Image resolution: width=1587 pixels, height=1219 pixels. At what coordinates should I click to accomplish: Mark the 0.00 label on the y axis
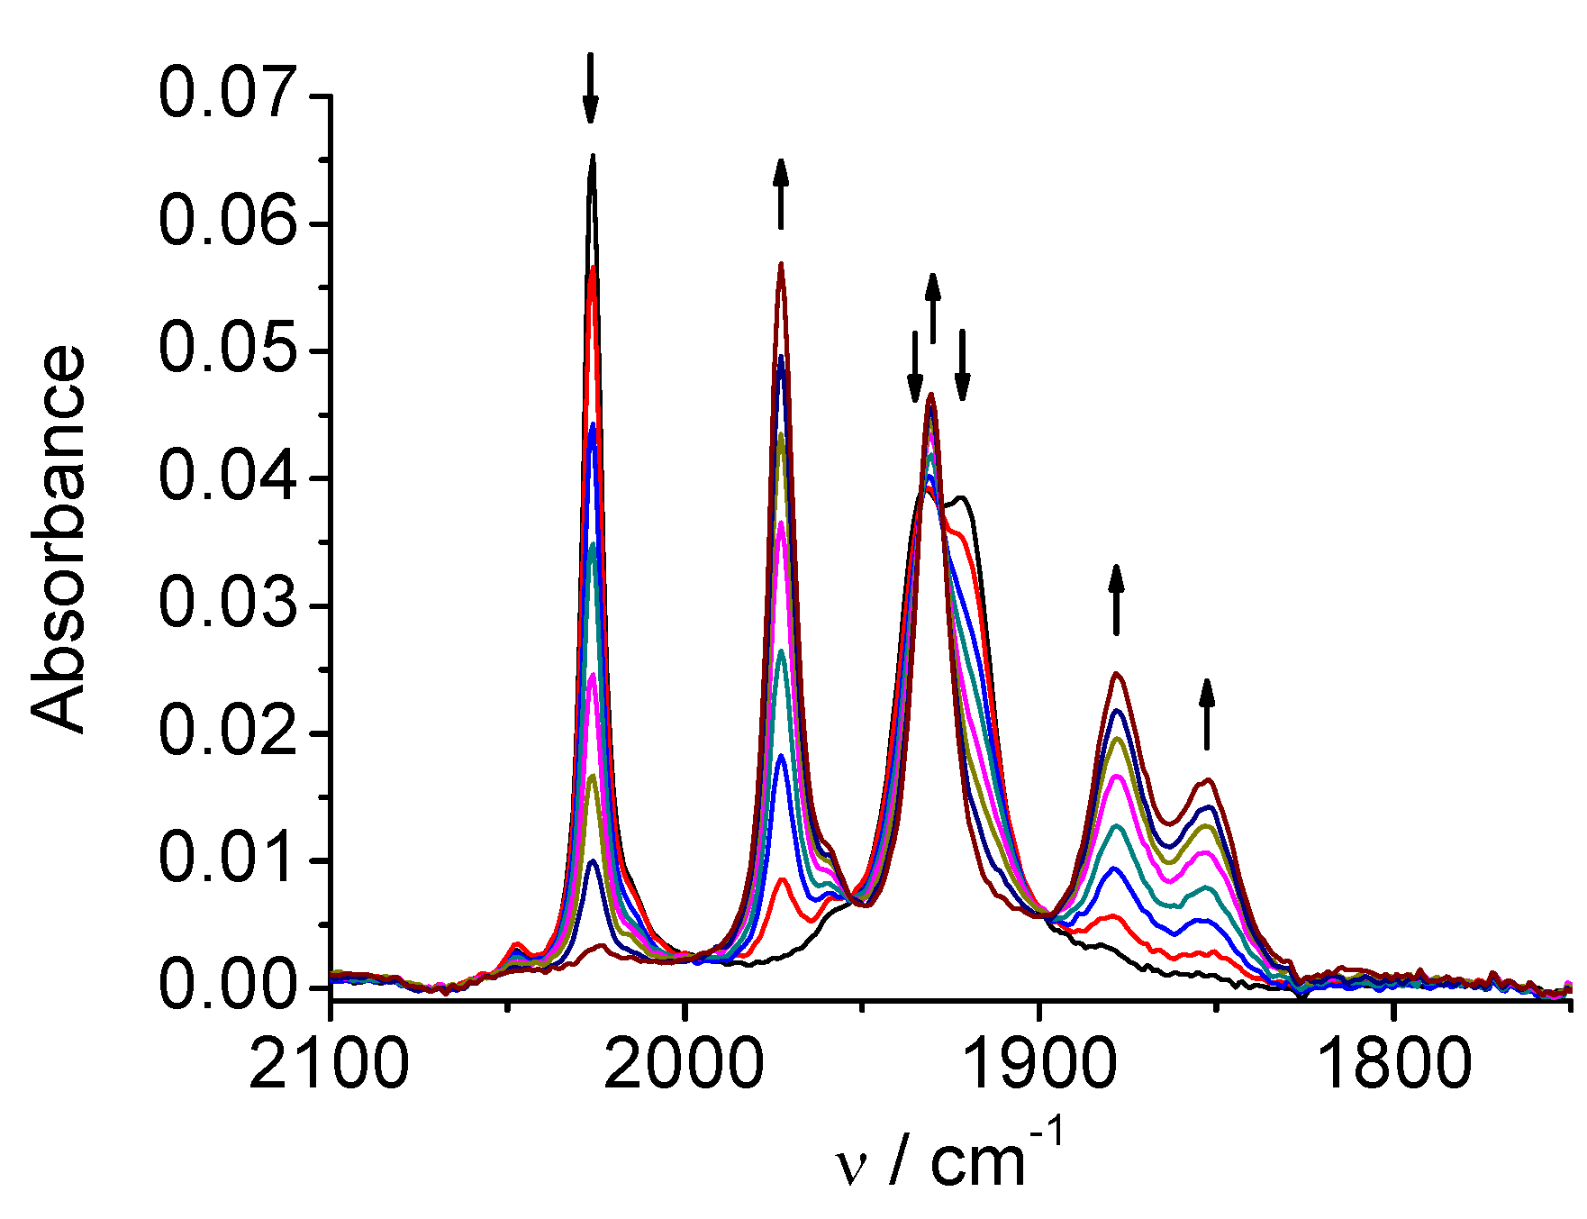point(227,987)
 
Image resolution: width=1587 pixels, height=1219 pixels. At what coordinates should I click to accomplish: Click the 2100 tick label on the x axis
point(330,1064)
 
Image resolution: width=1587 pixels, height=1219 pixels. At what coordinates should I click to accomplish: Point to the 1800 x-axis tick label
point(1394,1064)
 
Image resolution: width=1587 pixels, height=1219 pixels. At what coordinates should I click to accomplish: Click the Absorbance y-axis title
point(59,539)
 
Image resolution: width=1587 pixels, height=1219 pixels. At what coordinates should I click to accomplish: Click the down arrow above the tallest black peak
point(590,88)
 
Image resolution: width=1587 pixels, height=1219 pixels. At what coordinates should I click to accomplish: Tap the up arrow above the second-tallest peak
point(781,194)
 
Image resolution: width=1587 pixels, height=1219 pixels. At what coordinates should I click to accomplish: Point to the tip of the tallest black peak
point(593,156)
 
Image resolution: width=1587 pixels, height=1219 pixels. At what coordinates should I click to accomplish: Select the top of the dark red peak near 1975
point(781,264)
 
